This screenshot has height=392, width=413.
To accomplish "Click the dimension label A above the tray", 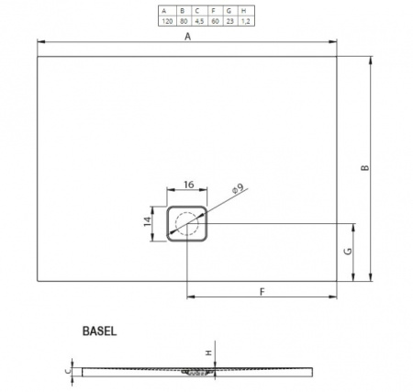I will point(187,37).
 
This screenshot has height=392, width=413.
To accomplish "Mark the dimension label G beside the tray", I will point(344,251).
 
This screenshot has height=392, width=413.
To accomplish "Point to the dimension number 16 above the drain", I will point(189,185).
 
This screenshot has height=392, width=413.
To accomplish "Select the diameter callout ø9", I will point(236,189).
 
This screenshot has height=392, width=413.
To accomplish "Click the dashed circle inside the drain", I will point(189,223).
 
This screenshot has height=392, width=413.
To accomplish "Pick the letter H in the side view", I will point(208,353).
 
